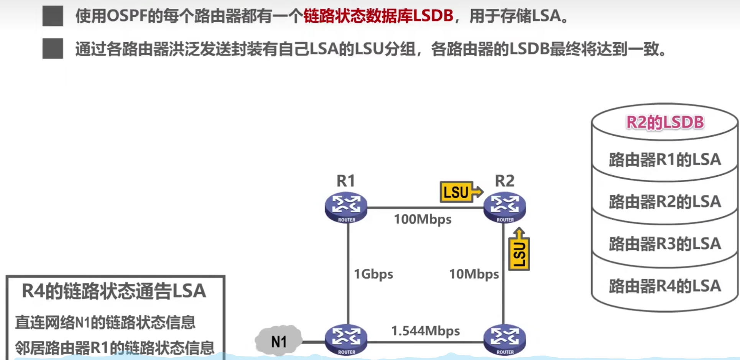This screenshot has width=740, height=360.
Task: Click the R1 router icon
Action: point(346,207)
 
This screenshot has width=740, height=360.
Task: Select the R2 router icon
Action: point(505,207)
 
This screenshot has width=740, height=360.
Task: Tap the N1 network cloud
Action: point(279,341)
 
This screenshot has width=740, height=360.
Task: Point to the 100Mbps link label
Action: point(423,219)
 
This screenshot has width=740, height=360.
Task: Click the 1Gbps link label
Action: point(373,274)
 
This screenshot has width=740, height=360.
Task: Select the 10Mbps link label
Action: point(474,274)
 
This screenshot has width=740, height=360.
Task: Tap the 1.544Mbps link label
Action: point(425,331)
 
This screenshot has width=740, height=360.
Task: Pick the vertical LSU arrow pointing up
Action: point(519,250)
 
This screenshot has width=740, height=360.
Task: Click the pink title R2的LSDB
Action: point(665,122)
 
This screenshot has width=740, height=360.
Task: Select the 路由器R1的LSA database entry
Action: point(665,159)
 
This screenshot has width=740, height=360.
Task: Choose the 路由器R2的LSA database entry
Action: point(665,202)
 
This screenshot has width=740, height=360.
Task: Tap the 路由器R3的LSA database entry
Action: point(665,244)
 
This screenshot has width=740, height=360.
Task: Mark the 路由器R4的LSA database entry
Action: point(665,286)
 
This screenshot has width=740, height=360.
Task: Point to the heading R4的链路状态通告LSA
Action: point(114,291)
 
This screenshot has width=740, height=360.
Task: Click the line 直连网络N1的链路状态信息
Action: point(105,322)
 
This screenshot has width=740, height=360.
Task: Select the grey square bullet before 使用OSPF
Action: point(53,16)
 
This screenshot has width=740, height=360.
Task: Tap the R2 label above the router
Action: point(505,181)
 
